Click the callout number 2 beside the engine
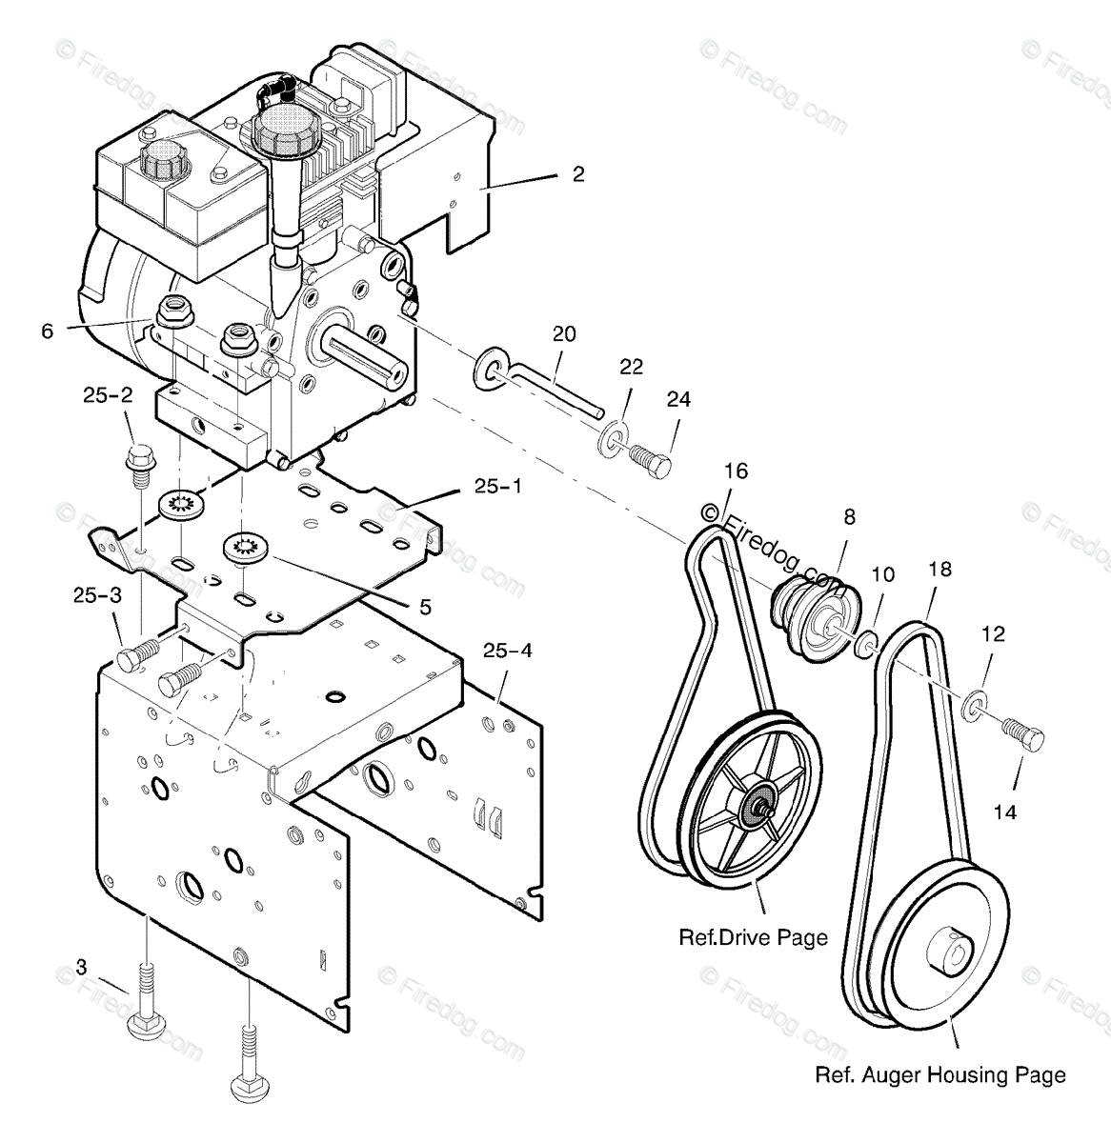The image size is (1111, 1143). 578,174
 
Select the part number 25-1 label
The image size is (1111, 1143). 497,487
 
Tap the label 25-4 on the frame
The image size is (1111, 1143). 507,652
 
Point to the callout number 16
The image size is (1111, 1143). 736,471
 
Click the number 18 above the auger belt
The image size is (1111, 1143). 939,570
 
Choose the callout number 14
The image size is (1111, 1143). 1004,812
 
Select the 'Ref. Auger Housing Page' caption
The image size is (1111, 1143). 940,1075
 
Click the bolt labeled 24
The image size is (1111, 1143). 652,463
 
